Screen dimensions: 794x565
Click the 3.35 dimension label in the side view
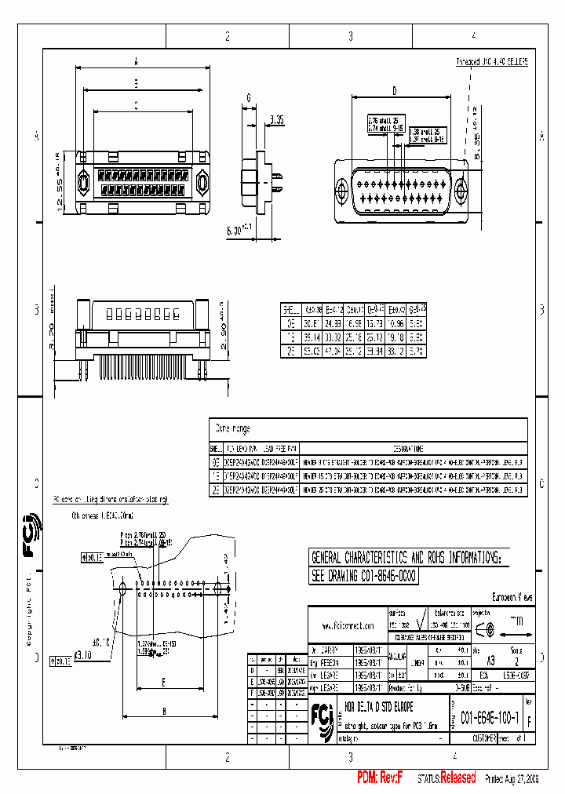(x=276, y=119)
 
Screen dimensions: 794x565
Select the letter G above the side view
(x=248, y=97)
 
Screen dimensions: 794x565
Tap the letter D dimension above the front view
(x=395, y=90)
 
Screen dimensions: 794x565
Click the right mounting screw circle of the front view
(x=460, y=189)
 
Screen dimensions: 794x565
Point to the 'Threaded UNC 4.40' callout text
(x=492, y=60)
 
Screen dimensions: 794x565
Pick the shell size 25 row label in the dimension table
(x=290, y=351)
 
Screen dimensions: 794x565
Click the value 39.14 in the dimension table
(x=314, y=337)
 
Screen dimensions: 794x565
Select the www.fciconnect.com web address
(x=348, y=625)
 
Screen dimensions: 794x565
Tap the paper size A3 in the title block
(x=491, y=661)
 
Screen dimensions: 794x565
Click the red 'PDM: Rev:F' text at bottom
(x=380, y=778)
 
